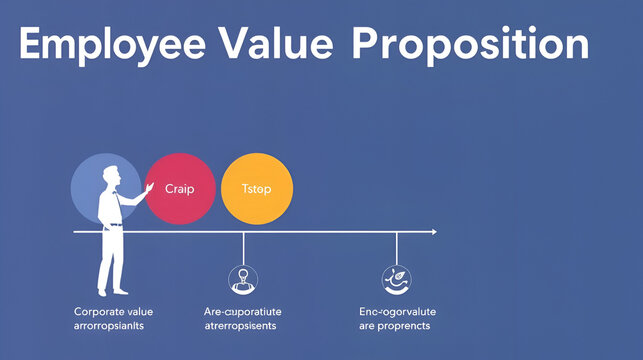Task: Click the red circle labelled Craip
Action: point(181,187)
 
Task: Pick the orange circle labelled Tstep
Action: point(257,188)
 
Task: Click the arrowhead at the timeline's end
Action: point(433,232)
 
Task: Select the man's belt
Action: point(115,224)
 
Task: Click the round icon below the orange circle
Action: point(243,279)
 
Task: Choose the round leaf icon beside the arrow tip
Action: point(396,279)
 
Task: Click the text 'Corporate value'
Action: point(114,311)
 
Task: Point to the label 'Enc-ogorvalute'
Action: point(398,311)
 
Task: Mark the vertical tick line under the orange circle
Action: point(244,248)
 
